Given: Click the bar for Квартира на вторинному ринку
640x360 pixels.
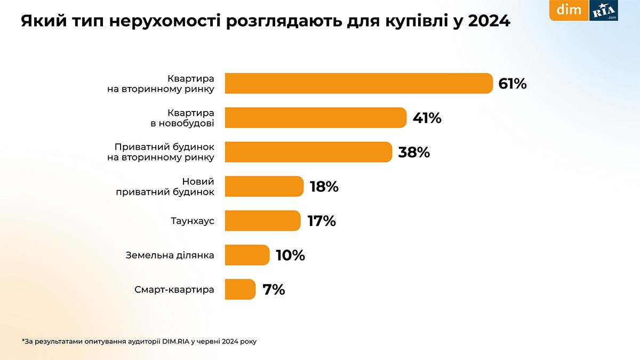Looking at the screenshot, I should coord(358,83).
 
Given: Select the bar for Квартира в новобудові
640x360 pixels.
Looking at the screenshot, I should coord(315,118).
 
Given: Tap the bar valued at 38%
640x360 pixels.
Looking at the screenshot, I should coord(308,152).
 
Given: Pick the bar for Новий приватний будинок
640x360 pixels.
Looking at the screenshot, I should coord(264,186).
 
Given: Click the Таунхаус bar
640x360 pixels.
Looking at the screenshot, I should coord(262,221).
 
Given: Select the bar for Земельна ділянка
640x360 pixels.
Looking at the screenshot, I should coord(247,255).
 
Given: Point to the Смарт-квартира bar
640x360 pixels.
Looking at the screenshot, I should coord(240,289).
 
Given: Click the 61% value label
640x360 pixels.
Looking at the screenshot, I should coord(513,84).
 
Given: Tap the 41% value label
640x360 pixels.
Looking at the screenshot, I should coord(427,118).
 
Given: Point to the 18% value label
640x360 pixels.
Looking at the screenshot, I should coord(324,187).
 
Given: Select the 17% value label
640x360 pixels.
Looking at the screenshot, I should coord(322,221).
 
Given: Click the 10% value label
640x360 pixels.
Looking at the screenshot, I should coord(290,255).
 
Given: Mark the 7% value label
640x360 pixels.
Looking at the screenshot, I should coord(274,290).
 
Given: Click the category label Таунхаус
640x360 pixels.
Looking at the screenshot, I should coord(193,221).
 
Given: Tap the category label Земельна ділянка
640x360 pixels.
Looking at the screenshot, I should coord(170,255).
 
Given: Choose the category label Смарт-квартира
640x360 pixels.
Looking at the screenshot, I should coord(174,290).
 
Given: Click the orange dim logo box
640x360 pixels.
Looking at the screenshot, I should coord(569,10).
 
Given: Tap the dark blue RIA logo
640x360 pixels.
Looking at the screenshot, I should coord(604,10).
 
